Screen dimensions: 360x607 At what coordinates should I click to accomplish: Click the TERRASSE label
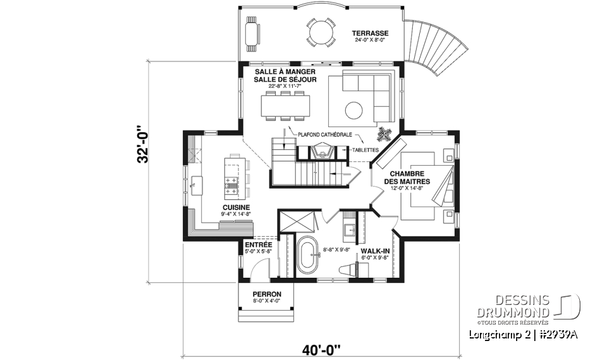pos(371,33)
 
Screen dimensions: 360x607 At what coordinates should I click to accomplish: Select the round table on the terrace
pos(321,32)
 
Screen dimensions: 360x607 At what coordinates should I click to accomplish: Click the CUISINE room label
pos(235,208)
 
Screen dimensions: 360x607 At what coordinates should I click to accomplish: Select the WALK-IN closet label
pos(374,251)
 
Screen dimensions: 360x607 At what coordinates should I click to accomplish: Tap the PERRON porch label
pos(266,294)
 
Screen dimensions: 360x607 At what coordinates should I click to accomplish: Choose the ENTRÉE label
pos(258,245)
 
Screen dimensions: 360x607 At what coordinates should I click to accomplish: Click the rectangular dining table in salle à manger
pos(285,105)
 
